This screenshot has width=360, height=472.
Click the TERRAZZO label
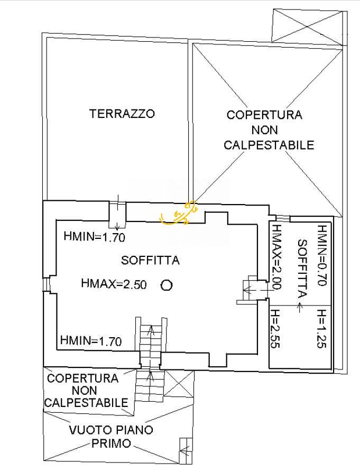[122, 114]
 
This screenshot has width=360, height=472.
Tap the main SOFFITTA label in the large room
[150, 260]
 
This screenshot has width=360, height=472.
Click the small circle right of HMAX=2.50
[167, 285]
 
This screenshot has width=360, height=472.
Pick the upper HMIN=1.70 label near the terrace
[94, 237]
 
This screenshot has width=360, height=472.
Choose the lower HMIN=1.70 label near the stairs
[91, 341]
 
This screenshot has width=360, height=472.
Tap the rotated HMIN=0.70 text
[321, 256]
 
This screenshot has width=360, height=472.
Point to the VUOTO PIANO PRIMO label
[111, 437]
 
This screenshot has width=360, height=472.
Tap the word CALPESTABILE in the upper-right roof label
[269, 144]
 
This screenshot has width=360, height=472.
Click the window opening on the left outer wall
[47, 284]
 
